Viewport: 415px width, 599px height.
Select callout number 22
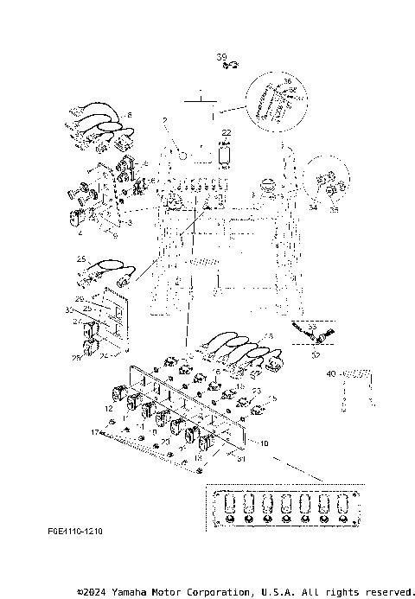click(x=227, y=131)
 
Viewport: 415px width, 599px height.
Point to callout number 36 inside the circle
click(x=287, y=80)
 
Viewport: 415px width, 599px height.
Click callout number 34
click(x=312, y=207)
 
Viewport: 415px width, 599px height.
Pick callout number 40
click(x=329, y=373)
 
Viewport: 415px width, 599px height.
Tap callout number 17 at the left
click(x=95, y=431)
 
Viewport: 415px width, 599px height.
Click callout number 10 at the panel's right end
click(x=264, y=443)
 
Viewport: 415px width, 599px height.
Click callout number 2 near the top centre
click(x=164, y=119)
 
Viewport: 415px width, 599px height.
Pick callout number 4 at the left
click(x=80, y=233)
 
